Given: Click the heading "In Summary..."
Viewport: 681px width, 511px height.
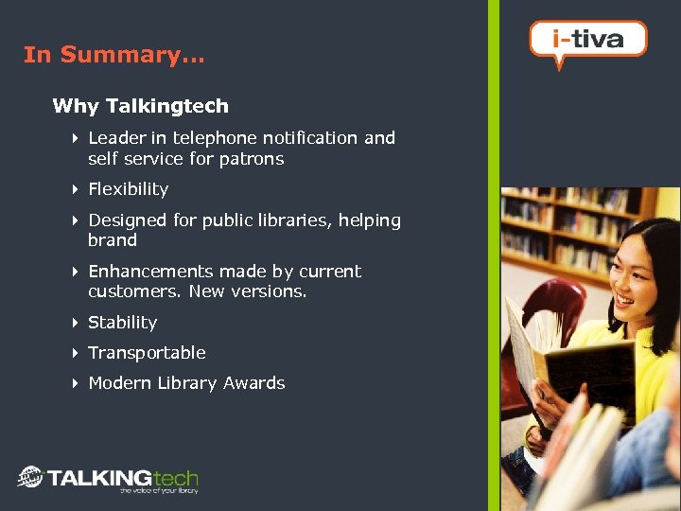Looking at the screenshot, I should point(113,55).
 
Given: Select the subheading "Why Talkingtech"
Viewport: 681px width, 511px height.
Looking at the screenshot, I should point(140,106).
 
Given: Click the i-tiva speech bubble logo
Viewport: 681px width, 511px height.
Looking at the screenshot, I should point(587,41).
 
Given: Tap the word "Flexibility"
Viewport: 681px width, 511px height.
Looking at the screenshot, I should point(128,189).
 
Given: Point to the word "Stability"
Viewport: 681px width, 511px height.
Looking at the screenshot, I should point(122,323).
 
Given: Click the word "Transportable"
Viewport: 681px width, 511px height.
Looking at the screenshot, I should point(147,353).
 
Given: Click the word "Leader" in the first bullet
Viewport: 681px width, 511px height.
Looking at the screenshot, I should point(116,138).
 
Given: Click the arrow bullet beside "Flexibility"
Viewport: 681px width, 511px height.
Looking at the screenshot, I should point(75,189).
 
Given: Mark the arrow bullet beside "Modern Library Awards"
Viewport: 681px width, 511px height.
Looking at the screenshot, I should point(75,383).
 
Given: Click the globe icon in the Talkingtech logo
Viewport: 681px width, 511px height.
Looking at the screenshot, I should point(30,477).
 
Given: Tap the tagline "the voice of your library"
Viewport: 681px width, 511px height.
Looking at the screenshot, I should point(158,491).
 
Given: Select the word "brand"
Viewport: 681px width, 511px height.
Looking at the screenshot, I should point(112,240).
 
